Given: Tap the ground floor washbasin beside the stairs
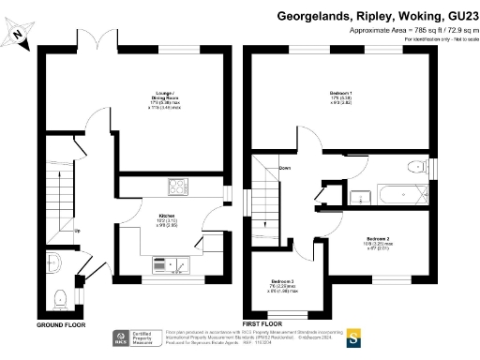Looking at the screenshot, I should tap(56, 262).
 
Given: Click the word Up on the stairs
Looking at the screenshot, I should tap(77, 231).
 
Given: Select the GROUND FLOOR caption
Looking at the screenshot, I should tap(61, 324).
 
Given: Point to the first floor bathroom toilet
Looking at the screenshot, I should tap(415, 170).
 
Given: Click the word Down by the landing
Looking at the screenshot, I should tap(283, 169).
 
